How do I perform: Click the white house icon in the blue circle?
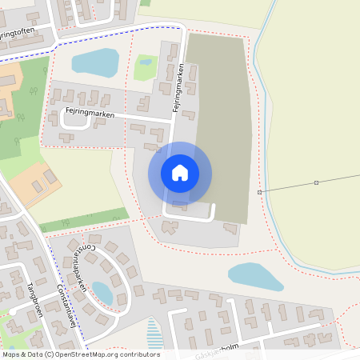179,172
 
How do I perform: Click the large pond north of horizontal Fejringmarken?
95,62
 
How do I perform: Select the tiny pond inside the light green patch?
146,60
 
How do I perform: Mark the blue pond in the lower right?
255,276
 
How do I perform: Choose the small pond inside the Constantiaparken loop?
102,293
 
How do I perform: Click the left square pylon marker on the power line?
259,193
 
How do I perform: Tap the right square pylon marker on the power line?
316,182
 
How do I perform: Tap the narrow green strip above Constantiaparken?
84,219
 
